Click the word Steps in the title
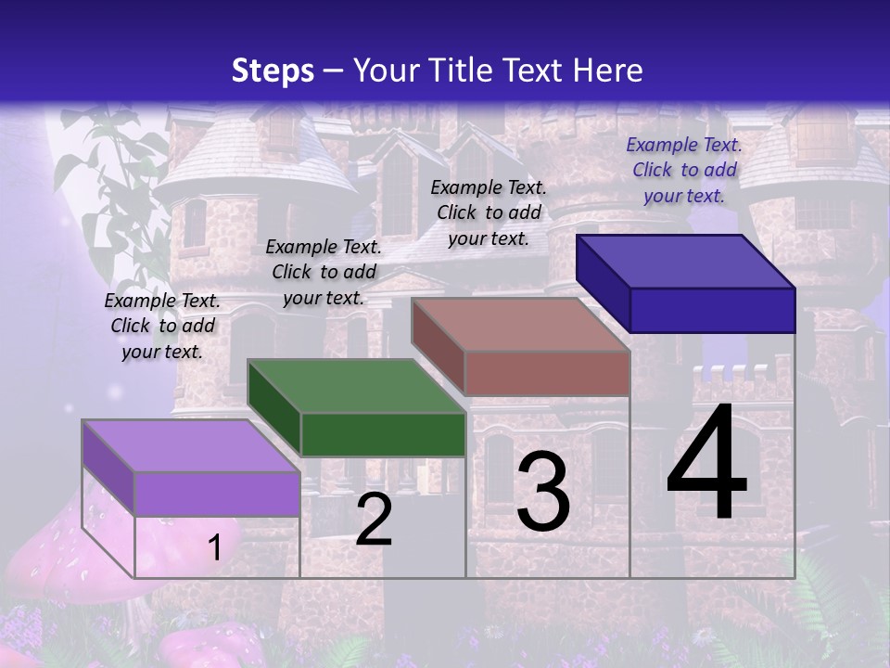(273, 71)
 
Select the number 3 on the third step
(542, 492)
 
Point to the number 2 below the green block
(374, 520)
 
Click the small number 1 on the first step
(214, 547)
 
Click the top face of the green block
(356, 386)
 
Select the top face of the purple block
(191, 446)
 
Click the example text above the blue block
(684, 170)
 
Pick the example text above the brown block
(489, 212)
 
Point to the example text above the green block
(324, 272)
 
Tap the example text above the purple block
(162, 326)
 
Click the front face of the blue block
(712, 310)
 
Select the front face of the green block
(383, 434)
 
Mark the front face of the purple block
(217, 493)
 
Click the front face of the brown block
(547, 373)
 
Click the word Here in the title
(608, 71)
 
